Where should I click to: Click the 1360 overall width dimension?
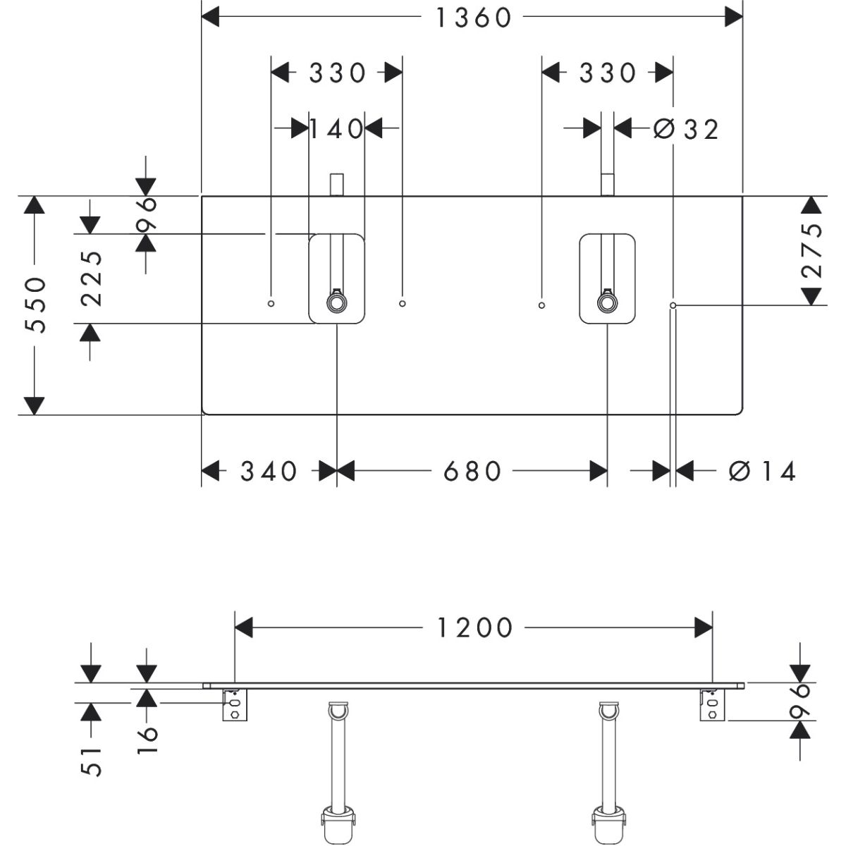473,17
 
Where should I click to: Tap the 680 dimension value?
472,471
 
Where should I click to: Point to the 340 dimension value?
269,471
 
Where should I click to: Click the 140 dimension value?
337,129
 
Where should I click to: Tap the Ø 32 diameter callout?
685,129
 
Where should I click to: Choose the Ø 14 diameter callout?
762,471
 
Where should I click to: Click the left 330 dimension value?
337,72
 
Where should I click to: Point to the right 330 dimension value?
608,72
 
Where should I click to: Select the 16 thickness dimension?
147,740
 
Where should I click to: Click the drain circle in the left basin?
336,303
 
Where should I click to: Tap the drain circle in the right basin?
606,303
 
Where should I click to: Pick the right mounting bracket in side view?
711,704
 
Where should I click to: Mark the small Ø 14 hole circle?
673,305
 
